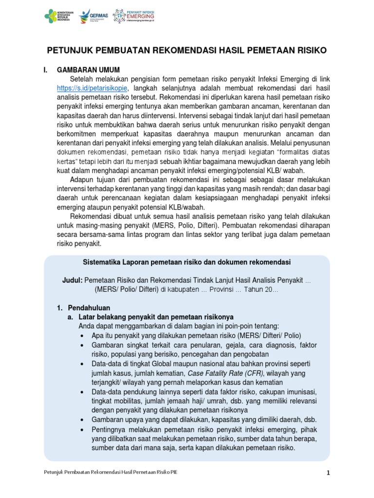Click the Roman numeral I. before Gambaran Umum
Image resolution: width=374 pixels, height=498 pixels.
point(47,70)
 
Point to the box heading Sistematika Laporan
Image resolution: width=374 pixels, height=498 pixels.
point(187,262)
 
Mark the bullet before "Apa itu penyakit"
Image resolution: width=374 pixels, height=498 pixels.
point(80,337)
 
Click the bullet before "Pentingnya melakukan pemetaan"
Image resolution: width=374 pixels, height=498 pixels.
point(80,430)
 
